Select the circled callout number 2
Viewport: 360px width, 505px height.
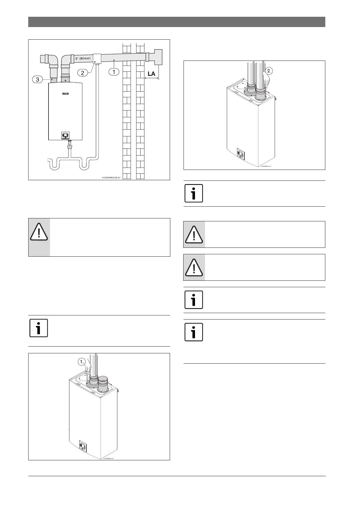[x=83, y=73]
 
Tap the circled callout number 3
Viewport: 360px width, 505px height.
[x=37, y=79]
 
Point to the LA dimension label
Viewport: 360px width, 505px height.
[x=151, y=74]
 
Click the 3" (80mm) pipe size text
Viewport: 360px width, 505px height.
[x=83, y=58]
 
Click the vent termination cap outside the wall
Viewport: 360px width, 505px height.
[x=156, y=57]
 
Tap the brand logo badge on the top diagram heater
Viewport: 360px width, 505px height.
[x=65, y=94]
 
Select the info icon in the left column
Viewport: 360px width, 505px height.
[x=39, y=328]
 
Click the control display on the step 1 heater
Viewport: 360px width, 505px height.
[x=83, y=447]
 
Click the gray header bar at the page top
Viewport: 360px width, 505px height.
[x=176, y=22]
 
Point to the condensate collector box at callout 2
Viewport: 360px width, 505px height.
[x=97, y=58]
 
